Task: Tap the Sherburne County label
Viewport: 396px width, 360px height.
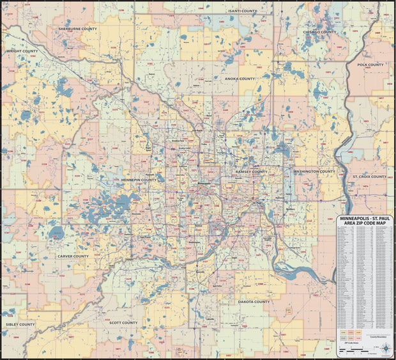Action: (77, 29)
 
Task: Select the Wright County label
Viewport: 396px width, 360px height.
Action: (22, 51)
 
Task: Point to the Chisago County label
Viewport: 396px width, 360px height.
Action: (320, 31)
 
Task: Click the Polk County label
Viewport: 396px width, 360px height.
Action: (370, 65)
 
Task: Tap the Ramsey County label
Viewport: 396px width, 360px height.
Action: (251, 171)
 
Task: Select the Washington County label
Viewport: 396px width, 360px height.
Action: (314, 171)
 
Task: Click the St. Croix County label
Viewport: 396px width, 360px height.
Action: (370, 176)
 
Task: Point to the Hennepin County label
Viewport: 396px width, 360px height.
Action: (139, 180)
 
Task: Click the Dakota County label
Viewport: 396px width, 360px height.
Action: (253, 301)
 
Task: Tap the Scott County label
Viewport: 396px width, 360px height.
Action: (123, 323)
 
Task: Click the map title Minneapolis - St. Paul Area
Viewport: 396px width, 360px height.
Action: (365, 221)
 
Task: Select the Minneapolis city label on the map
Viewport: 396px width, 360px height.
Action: (203, 185)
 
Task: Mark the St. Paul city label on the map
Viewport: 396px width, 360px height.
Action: (259, 203)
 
